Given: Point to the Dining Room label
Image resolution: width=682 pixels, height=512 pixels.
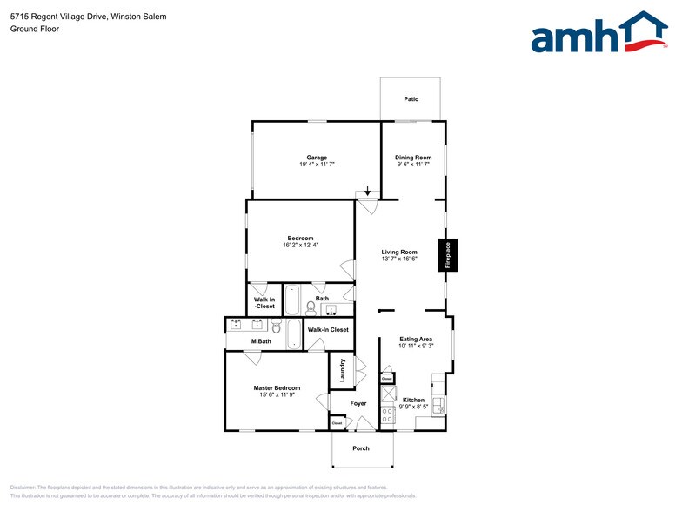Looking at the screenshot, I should pyautogui.click(x=413, y=158).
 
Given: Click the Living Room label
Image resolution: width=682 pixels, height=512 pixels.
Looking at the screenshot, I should pyautogui.click(x=399, y=252).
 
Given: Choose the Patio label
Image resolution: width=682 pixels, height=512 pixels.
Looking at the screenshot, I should pyautogui.click(x=411, y=99).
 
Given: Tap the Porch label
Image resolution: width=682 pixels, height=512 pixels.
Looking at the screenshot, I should pyautogui.click(x=360, y=448).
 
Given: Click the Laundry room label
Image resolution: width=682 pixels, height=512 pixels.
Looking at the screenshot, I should pyautogui.click(x=343, y=370).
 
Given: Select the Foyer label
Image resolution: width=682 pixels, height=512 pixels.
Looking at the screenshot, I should pyautogui.click(x=358, y=403).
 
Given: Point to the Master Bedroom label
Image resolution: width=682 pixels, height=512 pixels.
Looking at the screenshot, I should pyautogui.click(x=277, y=387).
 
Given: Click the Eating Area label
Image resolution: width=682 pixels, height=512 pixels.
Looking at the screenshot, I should pyautogui.click(x=416, y=339).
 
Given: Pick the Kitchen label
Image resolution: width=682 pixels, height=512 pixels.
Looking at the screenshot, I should pyautogui.click(x=413, y=400).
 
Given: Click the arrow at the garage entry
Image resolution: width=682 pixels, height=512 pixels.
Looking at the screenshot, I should pyautogui.click(x=368, y=191).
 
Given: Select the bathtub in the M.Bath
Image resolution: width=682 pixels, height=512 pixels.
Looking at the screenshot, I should pyautogui.click(x=293, y=334).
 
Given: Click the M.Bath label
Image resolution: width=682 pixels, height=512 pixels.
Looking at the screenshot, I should pyautogui.click(x=261, y=340).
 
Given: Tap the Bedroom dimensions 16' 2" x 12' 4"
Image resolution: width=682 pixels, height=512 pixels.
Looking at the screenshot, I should pyautogui.click(x=300, y=245).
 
